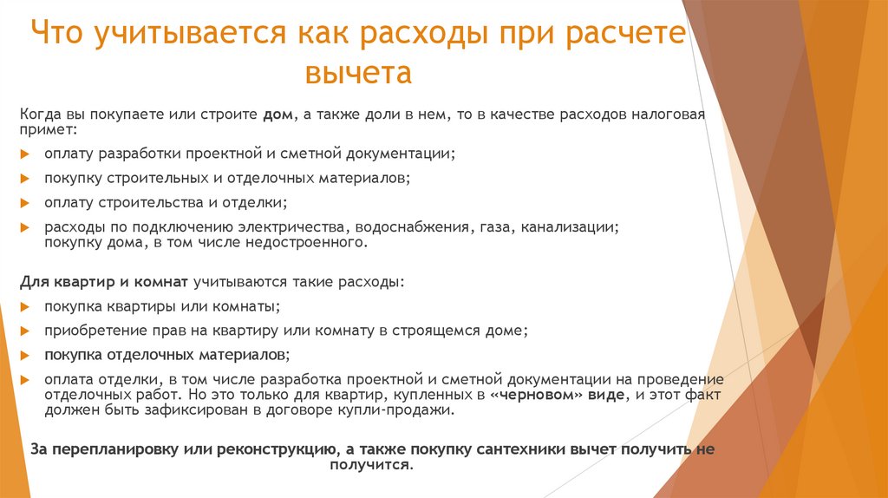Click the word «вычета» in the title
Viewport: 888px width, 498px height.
358,72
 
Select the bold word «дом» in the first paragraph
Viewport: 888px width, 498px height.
277,115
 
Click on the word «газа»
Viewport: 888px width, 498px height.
493,227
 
